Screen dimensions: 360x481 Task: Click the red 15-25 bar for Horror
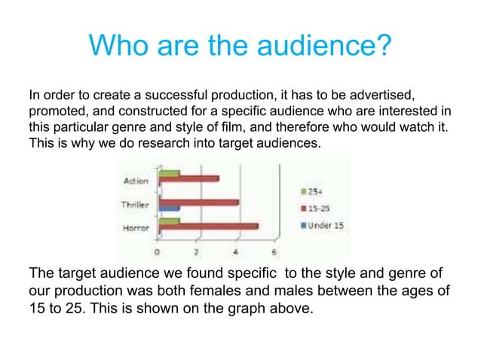(207, 226)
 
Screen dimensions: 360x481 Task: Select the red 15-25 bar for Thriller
(198, 202)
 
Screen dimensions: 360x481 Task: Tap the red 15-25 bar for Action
(188, 178)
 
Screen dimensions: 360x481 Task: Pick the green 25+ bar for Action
(169, 173)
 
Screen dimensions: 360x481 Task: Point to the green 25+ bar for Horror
(169, 221)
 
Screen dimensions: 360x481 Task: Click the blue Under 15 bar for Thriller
(169, 207)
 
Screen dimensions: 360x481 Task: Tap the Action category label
(136, 181)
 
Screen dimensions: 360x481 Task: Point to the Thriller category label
(135, 204)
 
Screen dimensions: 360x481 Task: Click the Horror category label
(135, 227)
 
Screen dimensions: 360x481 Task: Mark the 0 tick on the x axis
(157, 251)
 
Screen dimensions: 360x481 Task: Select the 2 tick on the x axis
(196, 251)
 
